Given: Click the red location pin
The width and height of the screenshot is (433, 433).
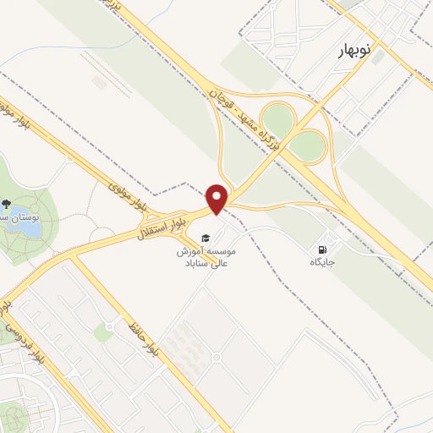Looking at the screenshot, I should pyautogui.click(x=218, y=198).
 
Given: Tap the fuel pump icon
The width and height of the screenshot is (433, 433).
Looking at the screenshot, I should pyautogui.click(x=322, y=249).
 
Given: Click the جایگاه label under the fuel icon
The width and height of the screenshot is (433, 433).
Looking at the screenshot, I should pyautogui.click(x=322, y=263).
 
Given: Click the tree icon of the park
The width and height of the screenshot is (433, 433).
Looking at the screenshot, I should pyautogui.click(x=7, y=205).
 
